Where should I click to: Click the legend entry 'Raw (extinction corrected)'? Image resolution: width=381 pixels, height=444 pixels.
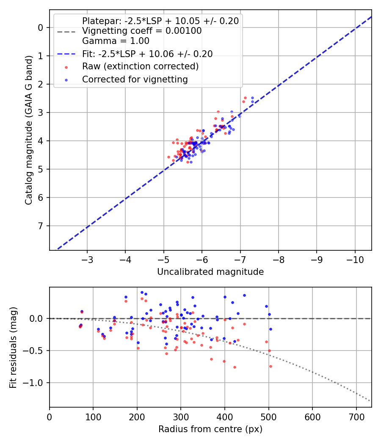140,66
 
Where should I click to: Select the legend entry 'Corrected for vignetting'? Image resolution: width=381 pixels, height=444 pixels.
135,79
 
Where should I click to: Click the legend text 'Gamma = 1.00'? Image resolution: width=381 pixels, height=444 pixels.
116,41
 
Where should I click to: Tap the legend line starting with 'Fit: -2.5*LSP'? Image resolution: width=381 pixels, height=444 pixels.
147,54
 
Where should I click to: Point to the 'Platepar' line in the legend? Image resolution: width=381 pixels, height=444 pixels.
160,21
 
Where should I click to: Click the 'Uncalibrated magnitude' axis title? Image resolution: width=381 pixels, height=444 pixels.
210,272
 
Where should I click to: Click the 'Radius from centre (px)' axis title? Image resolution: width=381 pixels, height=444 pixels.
210,429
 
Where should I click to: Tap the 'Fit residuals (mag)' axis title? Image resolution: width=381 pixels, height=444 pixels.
13,347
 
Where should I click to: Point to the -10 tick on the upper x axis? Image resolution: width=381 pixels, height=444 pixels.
355,258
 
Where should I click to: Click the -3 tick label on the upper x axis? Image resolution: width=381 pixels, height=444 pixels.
87,258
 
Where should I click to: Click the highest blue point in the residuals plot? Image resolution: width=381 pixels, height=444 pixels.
142,292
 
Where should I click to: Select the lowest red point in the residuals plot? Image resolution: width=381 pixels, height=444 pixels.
235,367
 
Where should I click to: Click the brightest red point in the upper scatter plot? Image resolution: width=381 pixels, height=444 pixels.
246,97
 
